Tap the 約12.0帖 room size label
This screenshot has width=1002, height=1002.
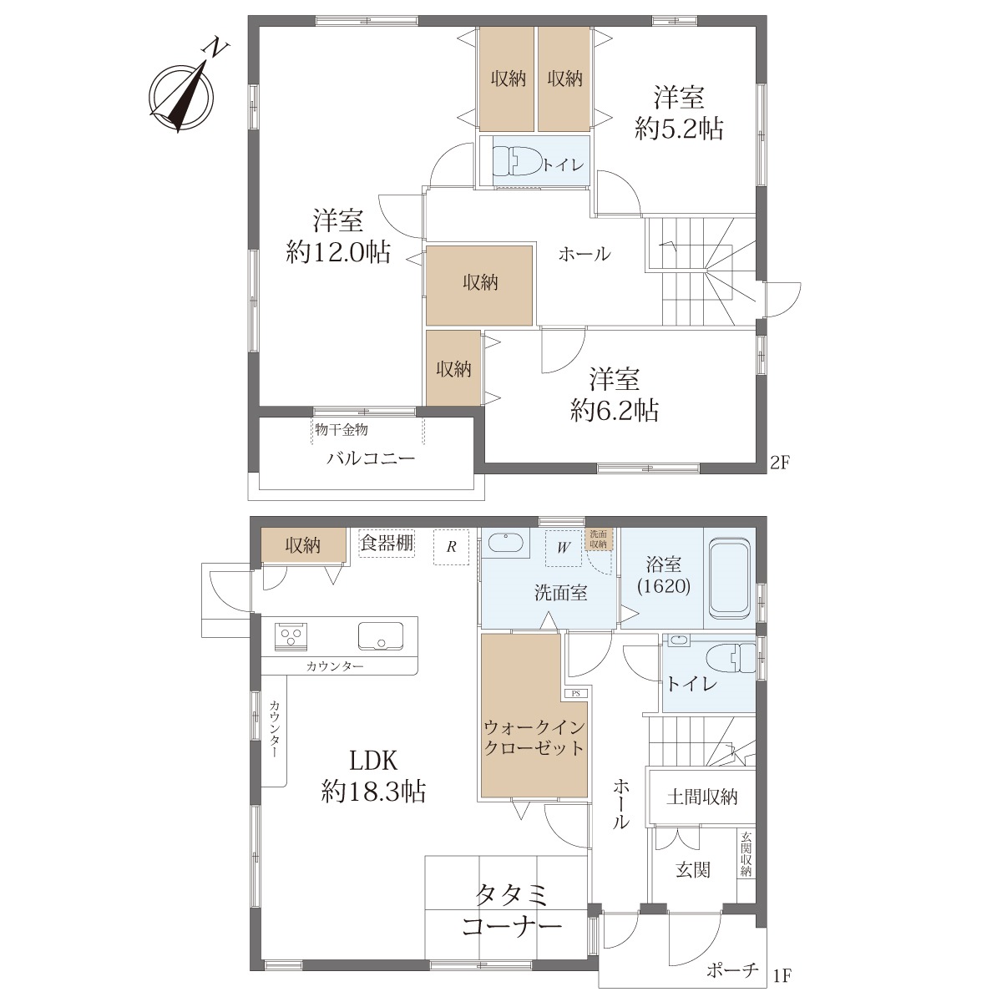click(338, 253)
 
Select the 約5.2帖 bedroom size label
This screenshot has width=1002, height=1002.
click(679, 129)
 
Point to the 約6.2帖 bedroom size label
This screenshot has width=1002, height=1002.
click(614, 411)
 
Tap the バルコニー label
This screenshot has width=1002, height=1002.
click(371, 458)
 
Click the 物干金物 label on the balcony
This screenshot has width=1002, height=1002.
click(342, 429)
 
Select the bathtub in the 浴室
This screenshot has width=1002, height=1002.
click(729, 577)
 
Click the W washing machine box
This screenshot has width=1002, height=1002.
click(564, 548)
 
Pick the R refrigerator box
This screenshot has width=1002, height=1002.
click(452, 546)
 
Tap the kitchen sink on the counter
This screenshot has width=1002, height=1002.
click(381, 636)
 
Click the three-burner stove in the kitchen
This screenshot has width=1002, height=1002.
click(291, 636)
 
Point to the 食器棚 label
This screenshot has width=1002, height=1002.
click(387, 543)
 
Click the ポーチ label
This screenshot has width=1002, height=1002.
click(732, 969)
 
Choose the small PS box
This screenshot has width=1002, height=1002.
click(575, 693)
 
